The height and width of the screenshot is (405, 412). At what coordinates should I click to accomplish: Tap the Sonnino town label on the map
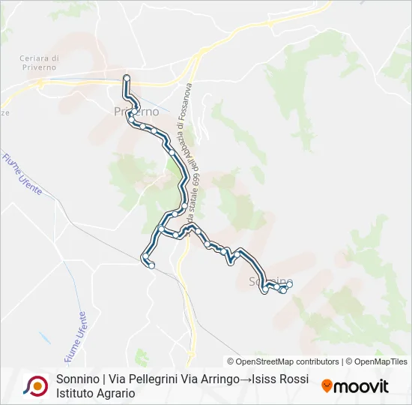pos(270,281)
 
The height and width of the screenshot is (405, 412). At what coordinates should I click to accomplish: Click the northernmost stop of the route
pos(127,77)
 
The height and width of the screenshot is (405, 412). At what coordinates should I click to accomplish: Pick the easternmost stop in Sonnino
pos(290,283)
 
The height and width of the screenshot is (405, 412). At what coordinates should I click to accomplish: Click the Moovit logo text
pos(362,386)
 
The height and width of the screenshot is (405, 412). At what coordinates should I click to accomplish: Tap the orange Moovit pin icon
pos(327,386)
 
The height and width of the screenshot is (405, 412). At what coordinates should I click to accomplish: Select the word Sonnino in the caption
pos(78,379)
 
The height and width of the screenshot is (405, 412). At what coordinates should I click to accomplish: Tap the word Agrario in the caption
pos(114,392)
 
